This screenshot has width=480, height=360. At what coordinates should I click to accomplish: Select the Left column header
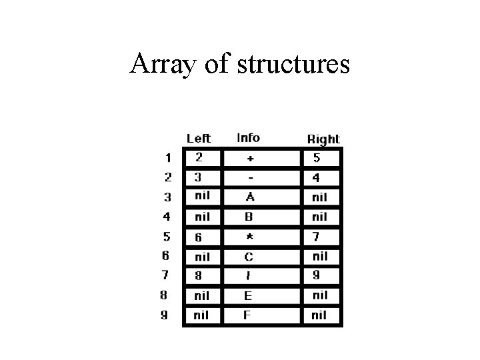click(199, 138)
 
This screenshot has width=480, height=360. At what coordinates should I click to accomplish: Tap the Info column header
click(248, 137)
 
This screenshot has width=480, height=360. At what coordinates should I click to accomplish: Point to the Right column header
click(323, 139)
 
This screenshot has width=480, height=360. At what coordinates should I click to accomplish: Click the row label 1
click(168, 158)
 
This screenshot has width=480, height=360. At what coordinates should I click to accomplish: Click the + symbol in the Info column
click(249, 159)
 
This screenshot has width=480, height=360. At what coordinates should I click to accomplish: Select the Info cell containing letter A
click(249, 197)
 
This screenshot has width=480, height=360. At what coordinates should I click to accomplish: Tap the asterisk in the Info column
click(249, 237)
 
